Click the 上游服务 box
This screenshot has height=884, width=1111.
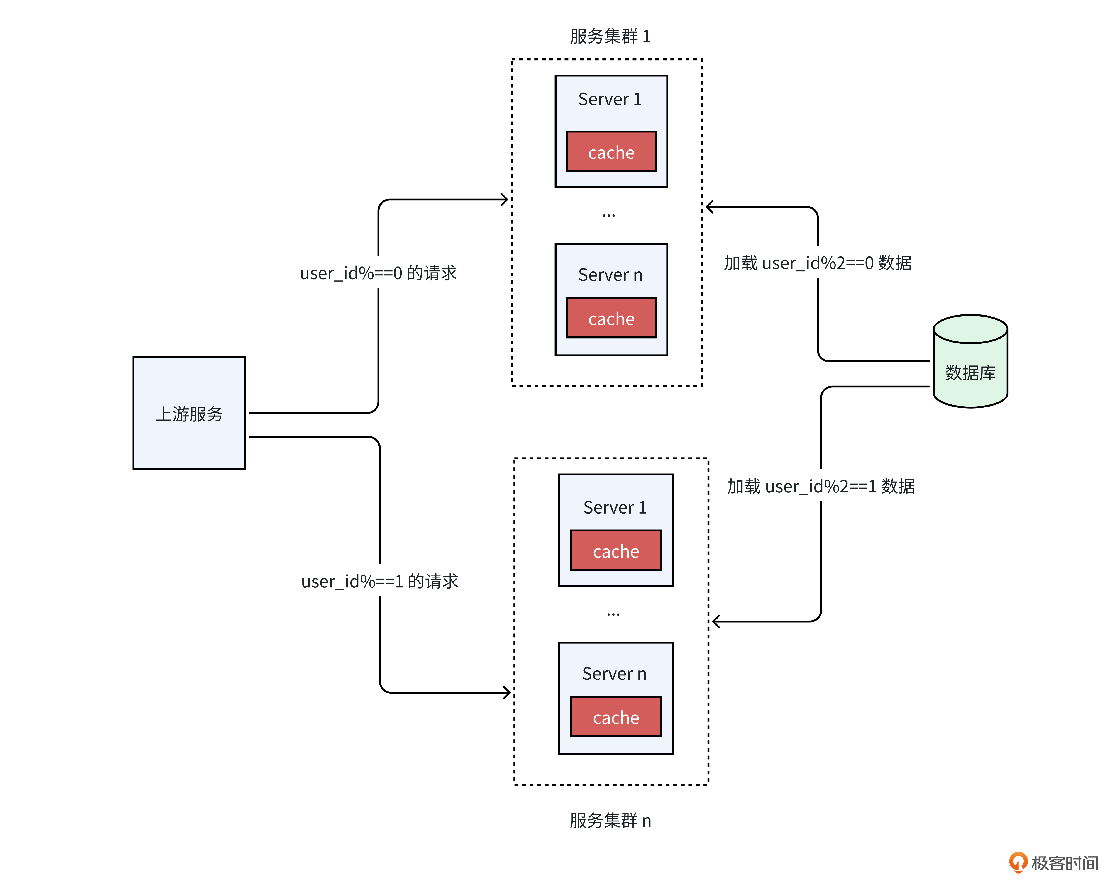point(189,413)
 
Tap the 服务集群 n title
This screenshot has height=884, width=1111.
point(610,820)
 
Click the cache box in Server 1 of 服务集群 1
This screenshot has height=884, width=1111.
point(611,152)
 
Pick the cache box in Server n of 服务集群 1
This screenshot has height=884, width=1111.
point(611,318)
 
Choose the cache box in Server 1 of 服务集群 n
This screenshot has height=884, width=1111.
point(616,551)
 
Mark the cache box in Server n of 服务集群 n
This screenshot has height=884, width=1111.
point(616,717)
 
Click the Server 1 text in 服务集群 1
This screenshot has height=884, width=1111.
point(610,99)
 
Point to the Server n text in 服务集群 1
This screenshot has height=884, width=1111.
point(610,275)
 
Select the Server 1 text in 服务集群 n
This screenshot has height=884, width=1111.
point(615,507)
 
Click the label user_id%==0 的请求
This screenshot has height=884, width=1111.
point(378,273)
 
